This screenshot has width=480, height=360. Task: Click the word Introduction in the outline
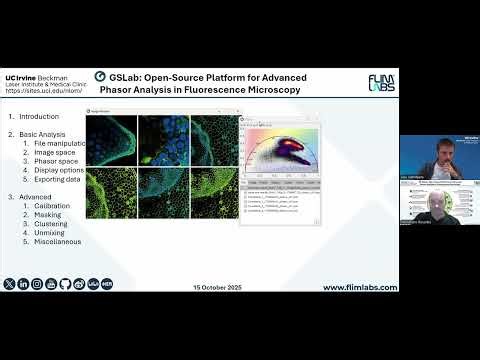click(40, 118)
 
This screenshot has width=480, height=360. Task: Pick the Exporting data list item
click(59, 180)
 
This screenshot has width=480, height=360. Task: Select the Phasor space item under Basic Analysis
click(56, 162)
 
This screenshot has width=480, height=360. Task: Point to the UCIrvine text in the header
click(23, 77)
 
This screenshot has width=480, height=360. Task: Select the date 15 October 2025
click(218, 288)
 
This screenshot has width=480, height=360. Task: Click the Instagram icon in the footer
click(37, 285)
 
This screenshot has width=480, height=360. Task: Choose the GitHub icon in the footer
click(65, 285)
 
